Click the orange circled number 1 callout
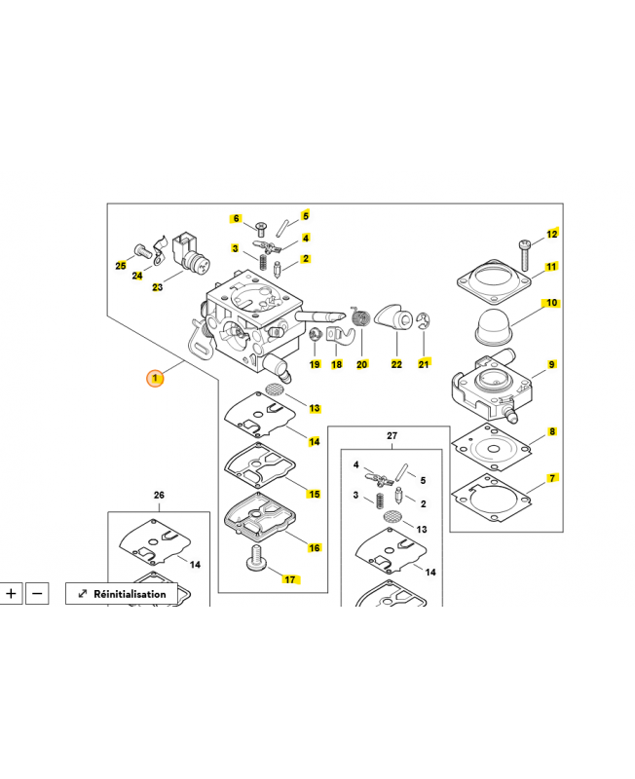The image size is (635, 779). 155,378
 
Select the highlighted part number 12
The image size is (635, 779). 552,234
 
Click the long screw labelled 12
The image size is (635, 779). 525,255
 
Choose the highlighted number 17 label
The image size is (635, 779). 290,579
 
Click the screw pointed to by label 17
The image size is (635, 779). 257,559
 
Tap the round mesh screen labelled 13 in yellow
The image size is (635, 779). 275,389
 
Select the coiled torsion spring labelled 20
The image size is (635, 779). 361,316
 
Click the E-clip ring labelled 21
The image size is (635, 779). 423,321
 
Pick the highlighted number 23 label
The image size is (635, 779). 157,287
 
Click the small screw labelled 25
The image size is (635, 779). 142,251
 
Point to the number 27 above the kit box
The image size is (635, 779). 392,435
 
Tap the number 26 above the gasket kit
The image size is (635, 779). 159,495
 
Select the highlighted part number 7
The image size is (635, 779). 552,478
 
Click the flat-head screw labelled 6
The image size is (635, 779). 260,230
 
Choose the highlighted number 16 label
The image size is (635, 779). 314,547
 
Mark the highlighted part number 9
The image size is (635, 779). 551,364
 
